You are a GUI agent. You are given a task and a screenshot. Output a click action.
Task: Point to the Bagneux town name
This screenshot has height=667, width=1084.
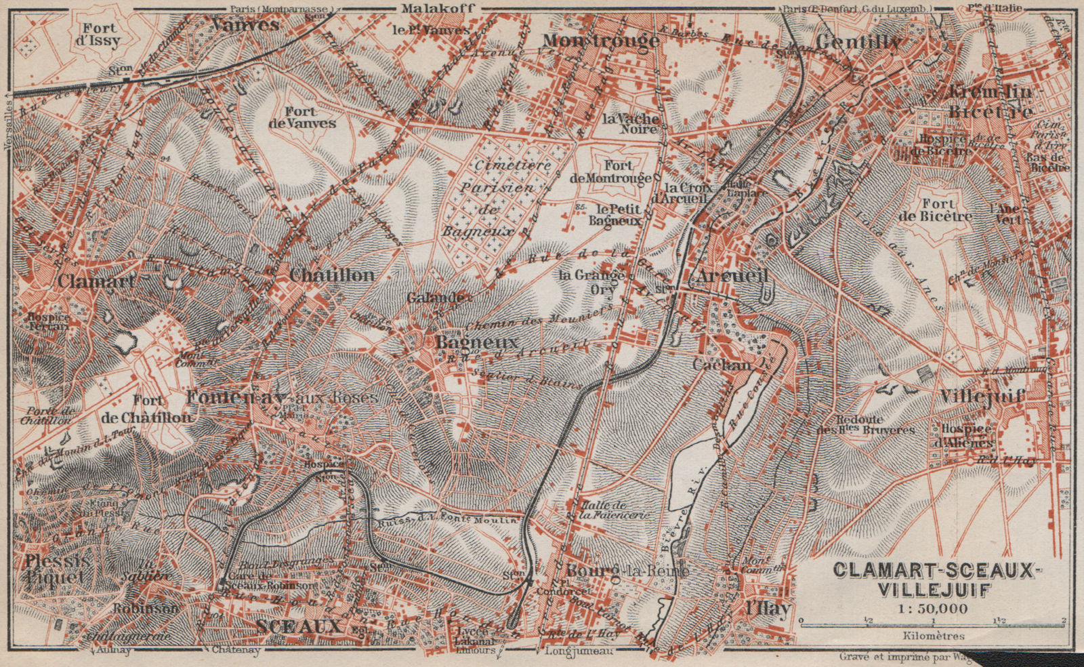(477, 343)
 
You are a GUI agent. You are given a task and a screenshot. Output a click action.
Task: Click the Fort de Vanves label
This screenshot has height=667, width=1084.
(301, 117)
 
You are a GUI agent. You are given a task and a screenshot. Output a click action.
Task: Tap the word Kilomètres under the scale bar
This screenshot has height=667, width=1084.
(934, 636)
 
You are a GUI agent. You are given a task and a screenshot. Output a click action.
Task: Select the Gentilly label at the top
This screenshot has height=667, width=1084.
(858, 42)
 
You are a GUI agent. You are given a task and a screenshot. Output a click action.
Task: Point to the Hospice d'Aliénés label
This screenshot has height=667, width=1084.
(966, 436)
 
